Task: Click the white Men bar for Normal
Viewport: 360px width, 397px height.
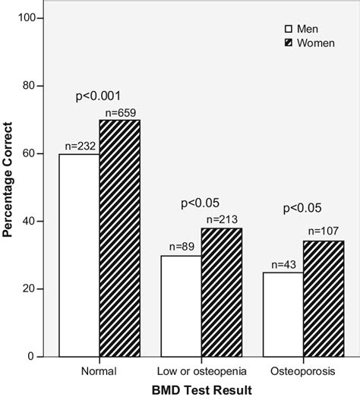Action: coord(79,255)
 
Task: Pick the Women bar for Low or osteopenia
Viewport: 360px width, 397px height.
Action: coord(221,292)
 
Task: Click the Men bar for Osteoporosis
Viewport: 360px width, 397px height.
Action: coord(283,314)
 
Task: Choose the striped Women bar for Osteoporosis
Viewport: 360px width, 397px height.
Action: coord(323,298)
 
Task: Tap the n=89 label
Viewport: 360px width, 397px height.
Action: coord(182,247)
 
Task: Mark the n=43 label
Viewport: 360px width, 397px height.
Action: coord(283,264)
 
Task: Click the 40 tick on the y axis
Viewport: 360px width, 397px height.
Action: coord(36,222)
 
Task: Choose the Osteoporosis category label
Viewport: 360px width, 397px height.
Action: coord(303,370)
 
